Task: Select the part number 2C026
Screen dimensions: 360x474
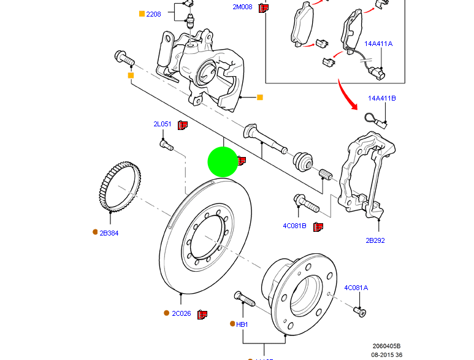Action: [181, 313]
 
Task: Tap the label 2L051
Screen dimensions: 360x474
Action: [163, 124]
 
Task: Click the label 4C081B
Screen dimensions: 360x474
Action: [295, 226]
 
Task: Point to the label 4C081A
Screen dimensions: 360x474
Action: [356, 288]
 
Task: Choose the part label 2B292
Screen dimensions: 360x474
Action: [375, 240]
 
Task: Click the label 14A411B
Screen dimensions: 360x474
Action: [382, 98]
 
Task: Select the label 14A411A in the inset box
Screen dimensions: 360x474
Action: [378, 44]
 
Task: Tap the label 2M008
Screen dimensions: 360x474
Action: [242, 7]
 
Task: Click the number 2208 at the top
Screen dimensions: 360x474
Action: [153, 13]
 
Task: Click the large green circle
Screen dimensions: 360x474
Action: [223, 162]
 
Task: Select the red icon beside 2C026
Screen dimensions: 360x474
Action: [202, 314]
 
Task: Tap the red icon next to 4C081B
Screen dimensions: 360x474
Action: [318, 226]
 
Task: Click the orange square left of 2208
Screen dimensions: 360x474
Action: [142, 13]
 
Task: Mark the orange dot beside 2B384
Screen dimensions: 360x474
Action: [95, 232]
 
